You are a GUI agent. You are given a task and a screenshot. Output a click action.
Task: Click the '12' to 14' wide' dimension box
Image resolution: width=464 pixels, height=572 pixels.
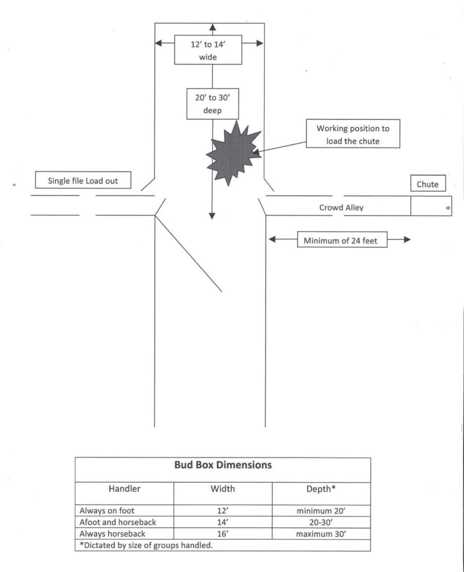tap(208, 50)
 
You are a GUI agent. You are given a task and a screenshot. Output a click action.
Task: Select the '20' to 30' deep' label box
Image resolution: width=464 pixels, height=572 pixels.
tap(213, 104)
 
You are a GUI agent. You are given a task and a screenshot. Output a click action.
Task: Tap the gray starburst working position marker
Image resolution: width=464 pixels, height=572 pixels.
tap(233, 154)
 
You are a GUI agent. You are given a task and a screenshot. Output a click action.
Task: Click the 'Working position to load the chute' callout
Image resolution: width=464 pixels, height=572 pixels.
tap(353, 134)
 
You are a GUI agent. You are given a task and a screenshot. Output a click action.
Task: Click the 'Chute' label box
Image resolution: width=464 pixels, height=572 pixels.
tap(428, 183)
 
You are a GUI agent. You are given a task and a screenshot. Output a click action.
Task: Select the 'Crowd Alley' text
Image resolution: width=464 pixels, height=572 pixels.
tap(341, 207)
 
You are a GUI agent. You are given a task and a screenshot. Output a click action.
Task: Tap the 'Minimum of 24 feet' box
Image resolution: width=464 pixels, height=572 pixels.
tap(342, 239)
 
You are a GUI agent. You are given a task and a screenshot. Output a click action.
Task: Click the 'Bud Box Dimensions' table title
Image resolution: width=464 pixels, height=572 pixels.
tap(223, 465)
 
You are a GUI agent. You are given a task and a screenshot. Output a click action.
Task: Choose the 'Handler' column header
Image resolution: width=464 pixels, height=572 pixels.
tap(124, 489)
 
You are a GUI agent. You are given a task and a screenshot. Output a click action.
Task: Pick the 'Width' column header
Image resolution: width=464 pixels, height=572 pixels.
tap(223, 489)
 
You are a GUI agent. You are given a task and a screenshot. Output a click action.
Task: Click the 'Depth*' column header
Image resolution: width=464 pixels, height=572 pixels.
tap(321, 489)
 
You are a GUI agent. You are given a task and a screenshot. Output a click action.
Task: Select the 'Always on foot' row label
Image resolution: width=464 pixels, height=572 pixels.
tap(107, 510)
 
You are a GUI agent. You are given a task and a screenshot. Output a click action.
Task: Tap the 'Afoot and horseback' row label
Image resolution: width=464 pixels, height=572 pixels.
tap(117, 522)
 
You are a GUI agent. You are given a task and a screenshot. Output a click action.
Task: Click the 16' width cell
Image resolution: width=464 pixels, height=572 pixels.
tap(223, 534)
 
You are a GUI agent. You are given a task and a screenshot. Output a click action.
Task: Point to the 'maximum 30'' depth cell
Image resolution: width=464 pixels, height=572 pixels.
tap(321, 534)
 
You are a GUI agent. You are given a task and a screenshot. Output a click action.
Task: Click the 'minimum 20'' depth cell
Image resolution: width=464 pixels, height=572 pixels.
tap(321, 511)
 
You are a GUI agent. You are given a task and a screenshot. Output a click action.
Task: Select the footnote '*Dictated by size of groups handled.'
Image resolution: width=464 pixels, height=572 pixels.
tap(146, 546)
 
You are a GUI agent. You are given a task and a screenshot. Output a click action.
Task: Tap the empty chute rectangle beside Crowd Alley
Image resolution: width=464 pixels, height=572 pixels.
tap(431, 206)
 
